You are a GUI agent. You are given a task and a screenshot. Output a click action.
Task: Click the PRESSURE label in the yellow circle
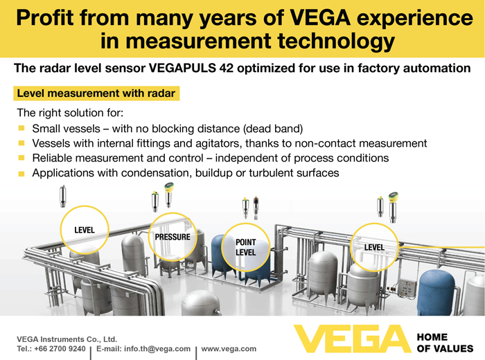tap(173, 237)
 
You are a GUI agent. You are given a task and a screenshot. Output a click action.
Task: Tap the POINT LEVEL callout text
tap(246, 247)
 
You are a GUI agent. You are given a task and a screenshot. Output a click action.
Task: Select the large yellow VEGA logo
tap(352, 339)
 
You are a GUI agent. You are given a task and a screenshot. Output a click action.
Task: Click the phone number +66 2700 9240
tap(60, 349)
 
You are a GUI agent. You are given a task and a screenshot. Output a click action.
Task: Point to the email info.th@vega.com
tap(157, 349)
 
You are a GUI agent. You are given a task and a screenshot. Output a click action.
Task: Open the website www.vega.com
tap(229, 349)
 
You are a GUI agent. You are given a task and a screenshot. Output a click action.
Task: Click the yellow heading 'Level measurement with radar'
tap(96, 93)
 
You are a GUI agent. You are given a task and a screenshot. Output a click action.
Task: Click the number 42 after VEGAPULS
tap(227, 68)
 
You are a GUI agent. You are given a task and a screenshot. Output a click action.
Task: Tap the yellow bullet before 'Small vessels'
tap(21, 128)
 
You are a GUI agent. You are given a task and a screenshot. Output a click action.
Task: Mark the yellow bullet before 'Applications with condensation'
tap(21, 173)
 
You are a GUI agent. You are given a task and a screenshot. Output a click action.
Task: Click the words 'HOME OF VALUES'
tap(445, 343)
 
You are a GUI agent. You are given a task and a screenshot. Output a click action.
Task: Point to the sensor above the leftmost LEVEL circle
tap(63, 196)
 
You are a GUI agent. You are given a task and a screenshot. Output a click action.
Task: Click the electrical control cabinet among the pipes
tap(407, 288)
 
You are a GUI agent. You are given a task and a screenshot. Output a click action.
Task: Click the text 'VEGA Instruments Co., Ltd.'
tap(67, 339)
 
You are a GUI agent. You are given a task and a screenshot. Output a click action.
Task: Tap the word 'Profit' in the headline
tap(46, 17)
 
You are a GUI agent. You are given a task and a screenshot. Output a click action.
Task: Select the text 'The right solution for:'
tap(70, 113)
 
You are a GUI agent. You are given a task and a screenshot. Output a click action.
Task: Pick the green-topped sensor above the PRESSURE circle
tap(168, 195)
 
